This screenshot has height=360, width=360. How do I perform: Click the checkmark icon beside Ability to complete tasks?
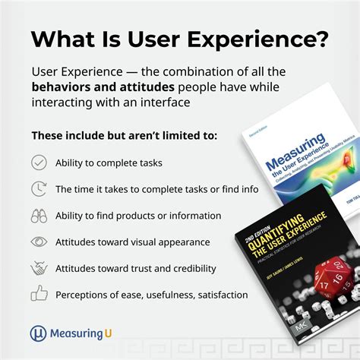pyautogui.click(x=39, y=163)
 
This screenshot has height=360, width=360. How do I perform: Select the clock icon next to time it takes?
pyautogui.click(x=39, y=189)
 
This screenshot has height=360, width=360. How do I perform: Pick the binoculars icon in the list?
pyautogui.click(x=39, y=216)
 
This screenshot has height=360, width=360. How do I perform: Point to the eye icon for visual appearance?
pyautogui.click(x=39, y=242)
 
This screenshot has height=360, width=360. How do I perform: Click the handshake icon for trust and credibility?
pyautogui.click(x=39, y=269)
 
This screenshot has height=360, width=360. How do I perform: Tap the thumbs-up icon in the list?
pyautogui.click(x=39, y=294)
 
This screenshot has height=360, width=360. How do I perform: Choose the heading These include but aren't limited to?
pyautogui.click(x=112, y=136)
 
